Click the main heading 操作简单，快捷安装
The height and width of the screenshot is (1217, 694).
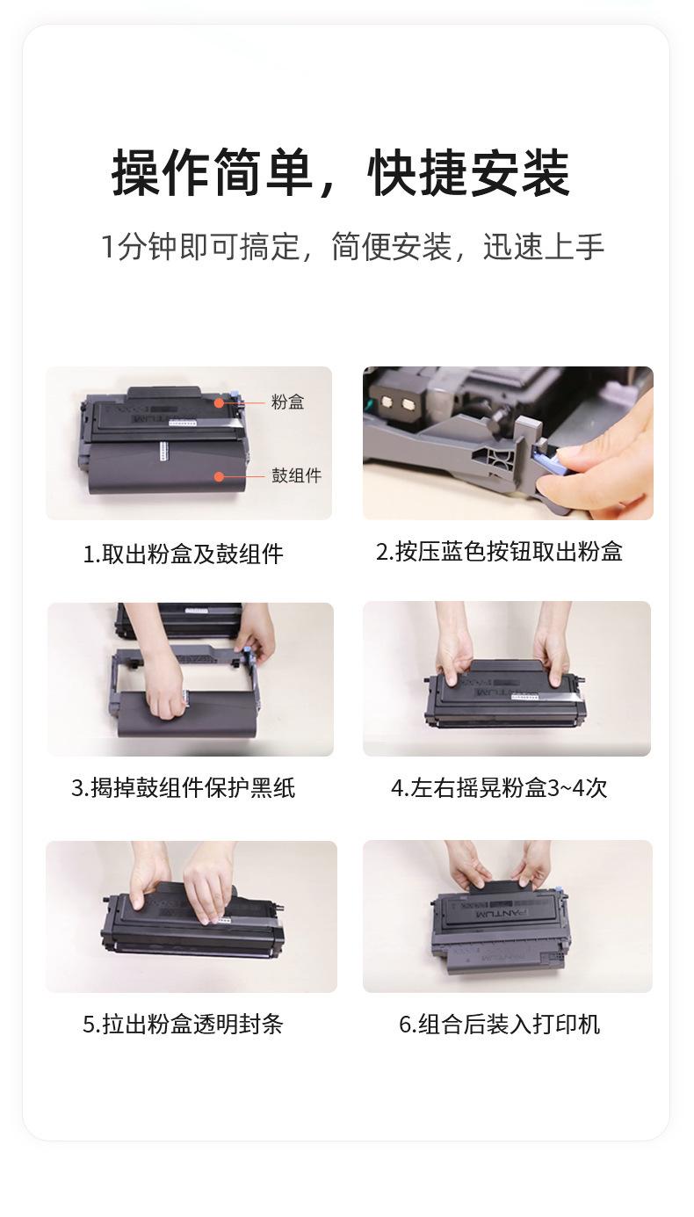[341, 173]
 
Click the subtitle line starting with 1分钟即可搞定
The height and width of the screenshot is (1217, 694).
[352, 247]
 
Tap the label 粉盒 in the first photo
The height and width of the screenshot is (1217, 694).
[287, 402]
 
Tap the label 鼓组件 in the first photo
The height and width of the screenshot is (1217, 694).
[297, 475]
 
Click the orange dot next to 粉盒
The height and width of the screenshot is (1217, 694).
[219, 402]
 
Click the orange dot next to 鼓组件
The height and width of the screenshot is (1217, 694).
[219, 476]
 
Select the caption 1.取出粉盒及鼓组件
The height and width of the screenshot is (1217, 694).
[183, 554]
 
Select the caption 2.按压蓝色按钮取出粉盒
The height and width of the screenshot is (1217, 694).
[499, 552]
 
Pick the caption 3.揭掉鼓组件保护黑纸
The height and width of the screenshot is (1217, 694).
[183, 788]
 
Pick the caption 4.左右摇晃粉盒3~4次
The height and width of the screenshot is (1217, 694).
[499, 788]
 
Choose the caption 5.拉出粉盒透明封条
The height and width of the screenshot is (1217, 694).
[183, 1025]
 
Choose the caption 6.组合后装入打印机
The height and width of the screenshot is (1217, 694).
[499, 1025]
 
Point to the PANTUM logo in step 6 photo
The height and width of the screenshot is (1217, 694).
[502, 914]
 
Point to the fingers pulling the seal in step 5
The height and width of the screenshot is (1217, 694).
[210, 890]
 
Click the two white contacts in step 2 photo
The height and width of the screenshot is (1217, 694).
[397, 402]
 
